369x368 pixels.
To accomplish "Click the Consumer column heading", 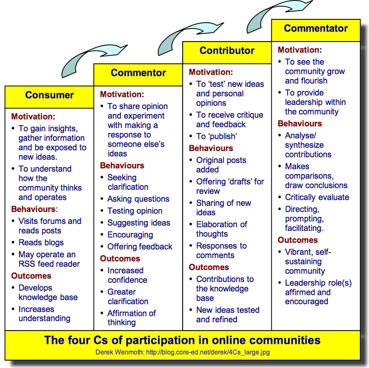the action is coord(49,95).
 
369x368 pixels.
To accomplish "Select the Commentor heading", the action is coord(138,73).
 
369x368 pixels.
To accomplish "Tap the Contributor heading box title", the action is coord(227,51).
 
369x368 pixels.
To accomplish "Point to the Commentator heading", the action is coord(316,28).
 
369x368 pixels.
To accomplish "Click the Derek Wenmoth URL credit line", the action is coord(182,352).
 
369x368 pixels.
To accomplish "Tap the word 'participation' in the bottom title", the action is coord(167,340).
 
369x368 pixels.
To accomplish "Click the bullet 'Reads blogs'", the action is coord(41,242).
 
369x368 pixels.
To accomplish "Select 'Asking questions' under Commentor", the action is coord(138,199).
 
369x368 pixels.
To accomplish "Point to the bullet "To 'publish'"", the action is coord(216,136).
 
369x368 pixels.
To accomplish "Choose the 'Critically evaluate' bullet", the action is coord(317,197).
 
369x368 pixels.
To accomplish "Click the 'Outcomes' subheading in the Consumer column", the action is coord(31,276).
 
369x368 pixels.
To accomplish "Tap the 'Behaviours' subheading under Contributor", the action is coord(211,148).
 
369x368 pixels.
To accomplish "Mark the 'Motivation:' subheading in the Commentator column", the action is coord(299,50).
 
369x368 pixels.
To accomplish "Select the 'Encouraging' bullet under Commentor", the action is coord(130,235).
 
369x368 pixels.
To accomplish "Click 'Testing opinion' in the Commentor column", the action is coord(135,211).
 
